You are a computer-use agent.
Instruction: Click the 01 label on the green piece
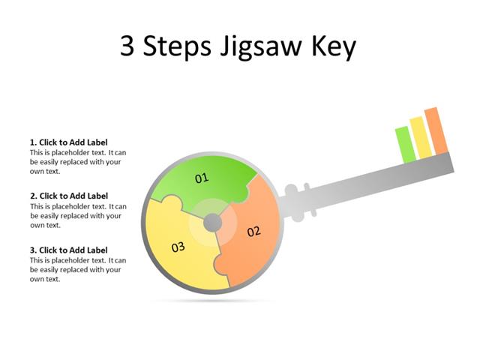(x=202, y=178)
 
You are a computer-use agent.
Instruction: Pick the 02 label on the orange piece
(x=253, y=231)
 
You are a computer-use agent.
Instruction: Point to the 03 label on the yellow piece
(x=178, y=247)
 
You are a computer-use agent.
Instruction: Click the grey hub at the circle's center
(x=212, y=222)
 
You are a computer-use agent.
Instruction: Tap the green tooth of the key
(x=405, y=144)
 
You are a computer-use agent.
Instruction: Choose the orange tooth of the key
(x=436, y=130)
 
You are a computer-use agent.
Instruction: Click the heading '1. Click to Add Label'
(x=69, y=142)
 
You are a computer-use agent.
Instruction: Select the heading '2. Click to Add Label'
(x=69, y=196)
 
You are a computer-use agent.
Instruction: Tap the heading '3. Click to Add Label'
(x=69, y=250)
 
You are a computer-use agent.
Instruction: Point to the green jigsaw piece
(x=225, y=176)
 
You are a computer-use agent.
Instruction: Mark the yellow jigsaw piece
(x=176, y=232)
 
